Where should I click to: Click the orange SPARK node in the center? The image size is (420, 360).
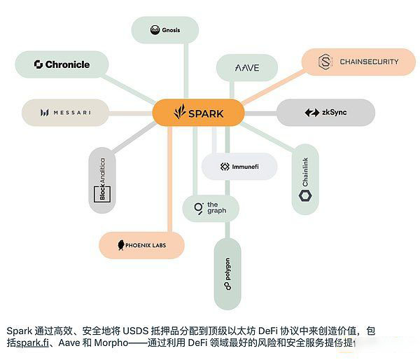click(198, 113)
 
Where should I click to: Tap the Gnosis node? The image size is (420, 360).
click(165, 30)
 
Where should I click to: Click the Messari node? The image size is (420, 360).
click(65, 112)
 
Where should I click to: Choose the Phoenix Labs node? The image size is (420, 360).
click(141, 245)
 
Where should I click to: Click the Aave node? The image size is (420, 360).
click(247, 67)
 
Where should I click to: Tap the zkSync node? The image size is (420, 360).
click(325, 113)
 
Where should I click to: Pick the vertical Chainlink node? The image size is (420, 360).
click(305, 179)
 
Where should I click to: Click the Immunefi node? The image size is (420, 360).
click(239, 167)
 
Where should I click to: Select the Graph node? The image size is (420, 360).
click(211, 208)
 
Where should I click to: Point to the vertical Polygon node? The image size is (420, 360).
click(227, 274)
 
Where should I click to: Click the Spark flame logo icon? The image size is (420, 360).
click(181, 112)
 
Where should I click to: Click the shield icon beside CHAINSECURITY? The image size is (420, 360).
click(325, 62)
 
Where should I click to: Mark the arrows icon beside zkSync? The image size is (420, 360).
click(311, 113)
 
